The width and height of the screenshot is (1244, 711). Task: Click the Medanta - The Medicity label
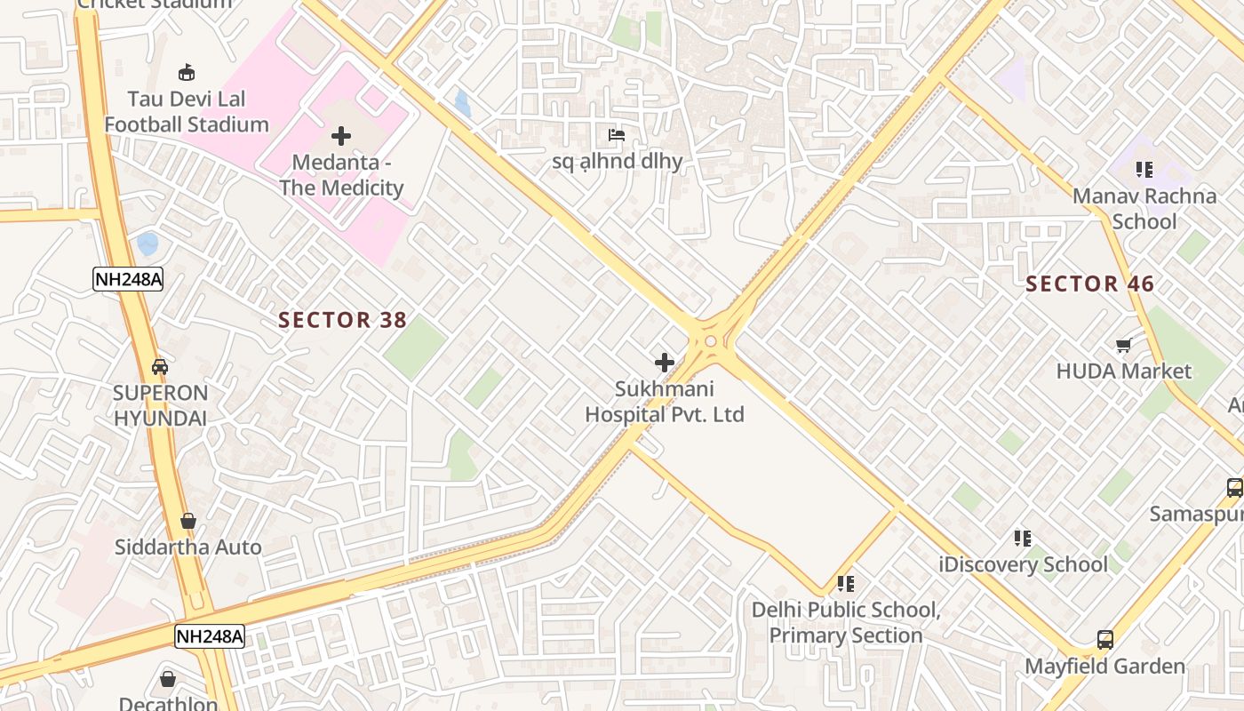[x=341, y=175]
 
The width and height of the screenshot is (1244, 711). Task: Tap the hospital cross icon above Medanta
[x=340, y=136]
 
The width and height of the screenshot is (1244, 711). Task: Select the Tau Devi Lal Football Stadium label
[x=187, y=111]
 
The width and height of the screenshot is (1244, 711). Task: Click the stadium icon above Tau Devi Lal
[x=187, y=72]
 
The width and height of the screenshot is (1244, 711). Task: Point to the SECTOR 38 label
[x=342, y=320]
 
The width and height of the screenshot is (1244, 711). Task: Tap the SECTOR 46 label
[x=1089, y=284]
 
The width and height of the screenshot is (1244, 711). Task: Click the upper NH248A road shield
[x=128, y=280]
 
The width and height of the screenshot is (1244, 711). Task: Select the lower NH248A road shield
[x=209, y=636]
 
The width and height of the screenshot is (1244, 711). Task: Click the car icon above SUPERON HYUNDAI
[x=160, y=366]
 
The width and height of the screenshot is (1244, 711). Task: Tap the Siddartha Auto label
[x=187, y=547]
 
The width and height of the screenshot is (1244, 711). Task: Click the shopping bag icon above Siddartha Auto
[x=187, y=520]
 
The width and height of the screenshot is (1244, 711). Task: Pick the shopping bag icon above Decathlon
[x=168, y=679]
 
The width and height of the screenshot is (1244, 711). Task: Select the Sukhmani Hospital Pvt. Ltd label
[x=664, y=402]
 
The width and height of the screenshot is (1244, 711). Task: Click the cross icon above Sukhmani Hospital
[x=664, y=363]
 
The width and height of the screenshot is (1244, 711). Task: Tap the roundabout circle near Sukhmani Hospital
[x=710, y=341]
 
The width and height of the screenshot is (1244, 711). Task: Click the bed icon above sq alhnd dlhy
[x=617, y=135]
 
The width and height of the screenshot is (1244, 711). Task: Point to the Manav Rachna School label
[x=1144, y=208]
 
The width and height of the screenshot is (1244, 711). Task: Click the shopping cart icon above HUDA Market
[x=1123, y=345]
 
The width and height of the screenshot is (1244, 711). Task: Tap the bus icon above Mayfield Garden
[x=1104, y=639]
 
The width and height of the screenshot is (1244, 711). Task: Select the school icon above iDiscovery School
[x=1023, y=538]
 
